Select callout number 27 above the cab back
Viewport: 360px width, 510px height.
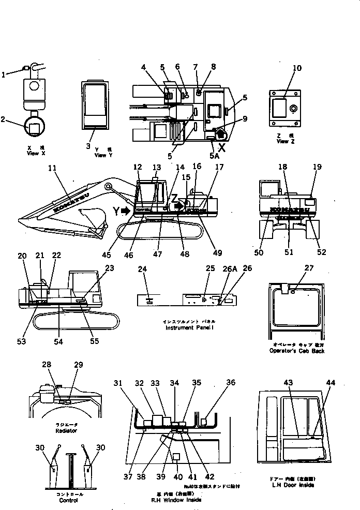(x=309, y=268)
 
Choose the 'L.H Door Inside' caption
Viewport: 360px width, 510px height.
(x=292, y=485)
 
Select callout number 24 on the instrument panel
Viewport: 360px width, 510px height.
(x=143, y=269)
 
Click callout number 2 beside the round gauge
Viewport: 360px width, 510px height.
(x=4, y=120)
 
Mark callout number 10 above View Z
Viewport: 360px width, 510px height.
(x=296, y=68)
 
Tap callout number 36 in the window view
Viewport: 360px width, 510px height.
(x=231, y=383)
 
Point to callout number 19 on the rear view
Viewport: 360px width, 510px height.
(x=317, y=167)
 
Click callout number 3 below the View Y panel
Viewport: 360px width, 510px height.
(x=89, y=146)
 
